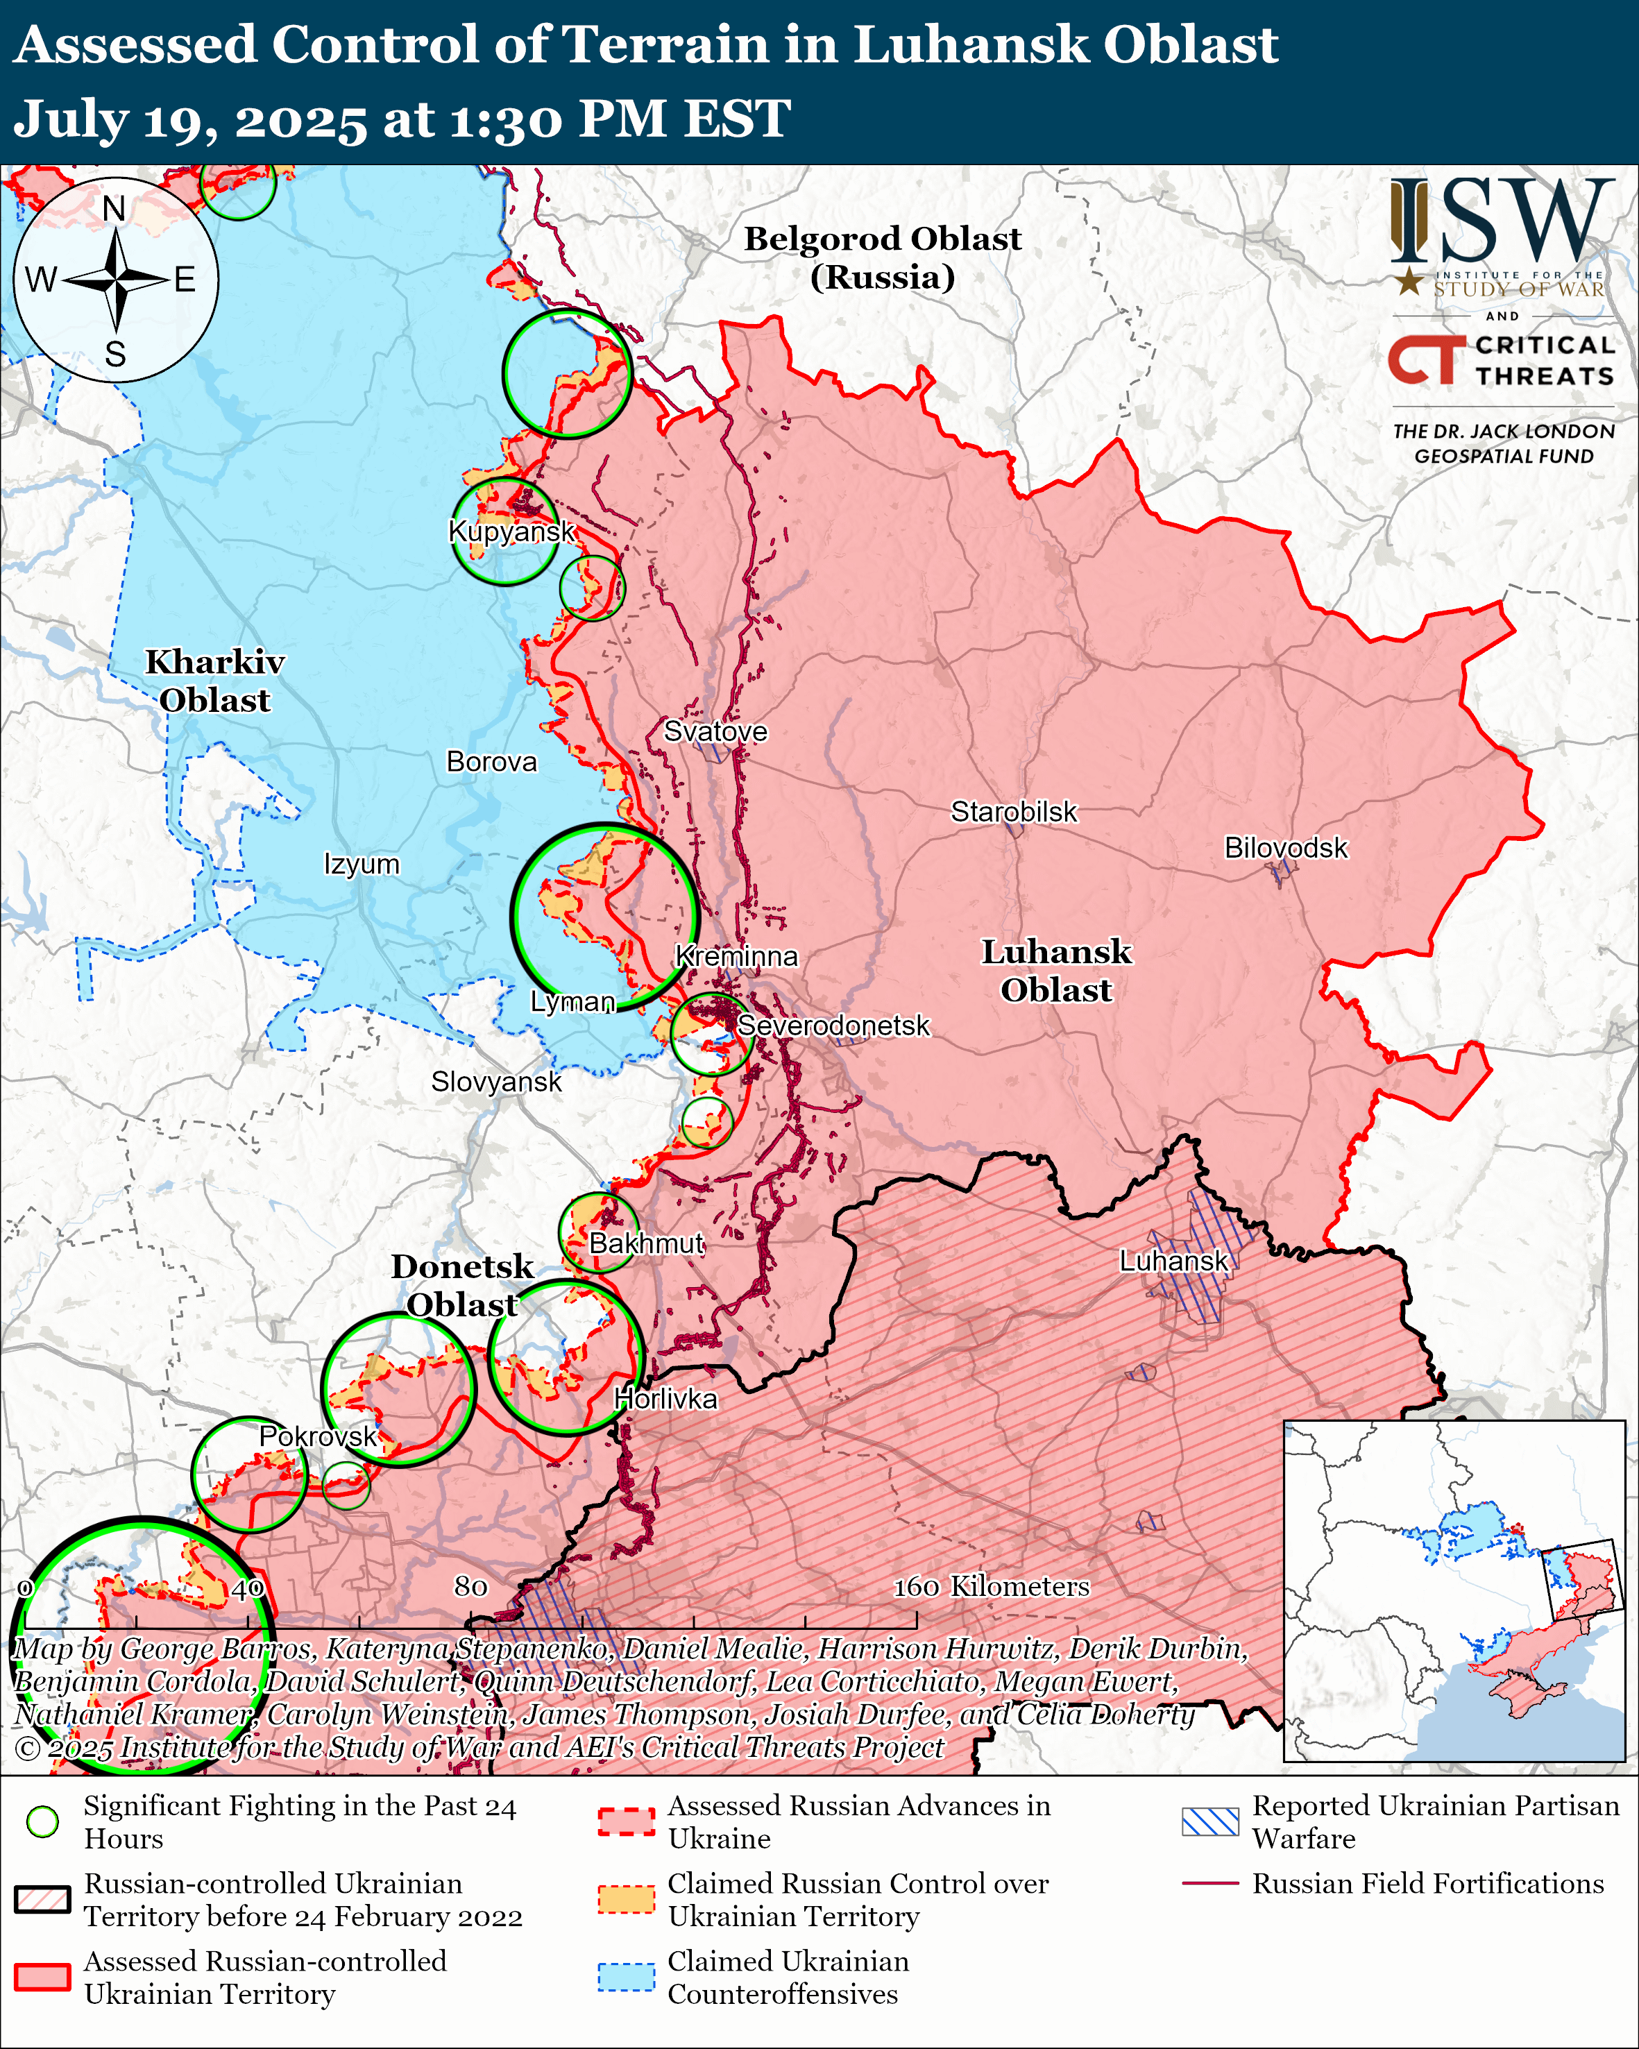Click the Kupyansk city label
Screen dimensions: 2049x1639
511,532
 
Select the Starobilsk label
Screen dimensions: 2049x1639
1014,812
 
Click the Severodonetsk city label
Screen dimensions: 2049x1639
833,1026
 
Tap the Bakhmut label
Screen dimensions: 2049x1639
646,1243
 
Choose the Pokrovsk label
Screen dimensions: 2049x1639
319,1436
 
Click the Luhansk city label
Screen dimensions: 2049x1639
1173,1261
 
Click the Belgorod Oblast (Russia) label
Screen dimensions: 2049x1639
882,257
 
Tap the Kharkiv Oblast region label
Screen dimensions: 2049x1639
214,681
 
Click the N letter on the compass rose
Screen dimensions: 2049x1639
114,208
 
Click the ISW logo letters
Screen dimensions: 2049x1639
1501,221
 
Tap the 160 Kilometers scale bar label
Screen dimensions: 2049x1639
990,1586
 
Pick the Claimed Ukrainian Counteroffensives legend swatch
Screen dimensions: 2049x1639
626,1977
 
